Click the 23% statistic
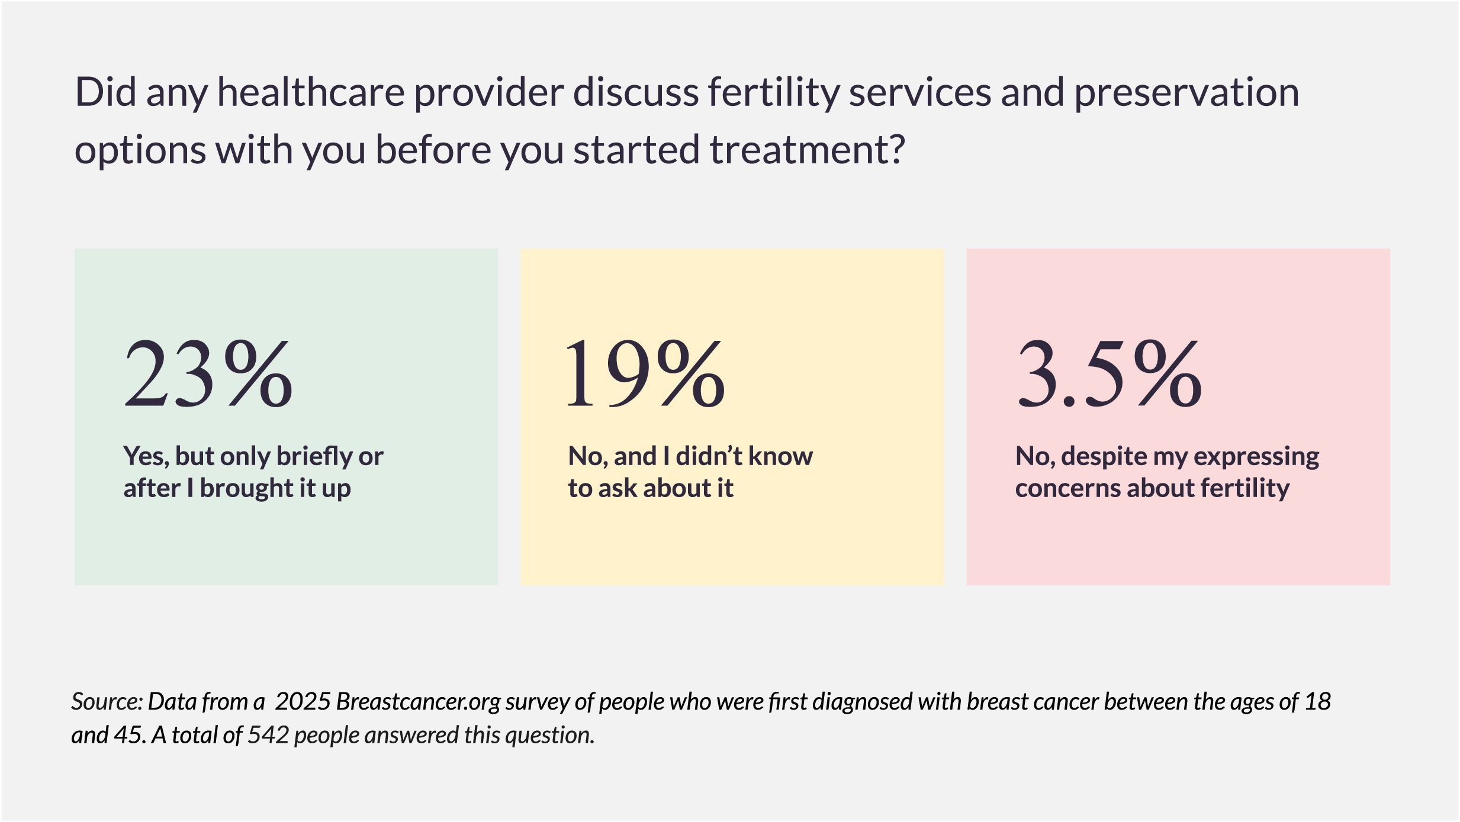coord(208,374)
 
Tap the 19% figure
coord(645,374)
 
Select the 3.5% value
coord(1109,374)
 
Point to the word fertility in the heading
coord(774,94)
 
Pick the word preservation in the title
coord(1186,94)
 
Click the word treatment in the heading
coord(808,150)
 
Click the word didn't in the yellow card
coord(709,456)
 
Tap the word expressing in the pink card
coord(1256,457)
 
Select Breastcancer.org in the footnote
coord(419,702)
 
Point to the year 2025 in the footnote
coord(303,702)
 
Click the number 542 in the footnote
coord(268,736)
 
